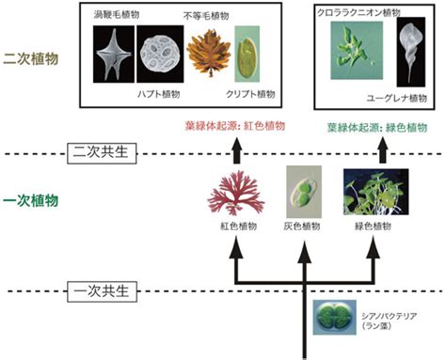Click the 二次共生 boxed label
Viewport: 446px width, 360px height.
(x=102, y=153)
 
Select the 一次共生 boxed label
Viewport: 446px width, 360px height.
(x=103, y=291)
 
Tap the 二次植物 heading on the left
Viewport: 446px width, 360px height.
(x=31, y=59)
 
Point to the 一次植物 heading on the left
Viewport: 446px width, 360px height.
(x=31, y=200)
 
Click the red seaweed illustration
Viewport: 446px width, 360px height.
(x=236, y=193)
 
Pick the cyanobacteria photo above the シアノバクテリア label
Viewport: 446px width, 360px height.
(x=335, y=317)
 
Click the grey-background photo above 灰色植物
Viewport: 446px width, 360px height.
(x=304, y=192)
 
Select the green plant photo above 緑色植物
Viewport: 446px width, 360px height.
(x=375, y=192)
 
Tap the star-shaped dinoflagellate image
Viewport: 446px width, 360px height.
(x=114, y=55)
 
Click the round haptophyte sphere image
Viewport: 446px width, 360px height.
(x=160, y=55)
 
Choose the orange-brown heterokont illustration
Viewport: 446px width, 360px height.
(x=209, y=53)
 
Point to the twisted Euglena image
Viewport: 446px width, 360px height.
(x=411, y=52)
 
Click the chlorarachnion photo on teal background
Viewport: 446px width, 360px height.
(x=357, y=50)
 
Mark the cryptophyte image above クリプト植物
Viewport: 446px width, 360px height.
(x=247, y=54)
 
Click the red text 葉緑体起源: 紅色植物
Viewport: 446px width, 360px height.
(x=235, y=126)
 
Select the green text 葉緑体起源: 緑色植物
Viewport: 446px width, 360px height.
(x=377, y=128)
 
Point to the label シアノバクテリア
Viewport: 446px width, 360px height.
(x=389, y=316)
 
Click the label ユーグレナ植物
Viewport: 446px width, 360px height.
(x=397, y=99)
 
